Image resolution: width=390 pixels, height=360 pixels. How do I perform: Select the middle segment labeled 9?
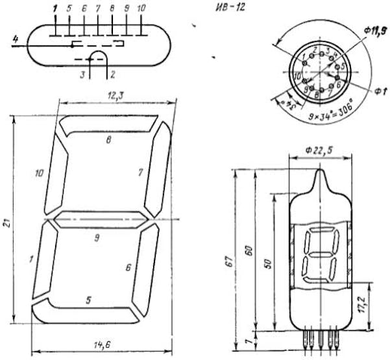97,221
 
